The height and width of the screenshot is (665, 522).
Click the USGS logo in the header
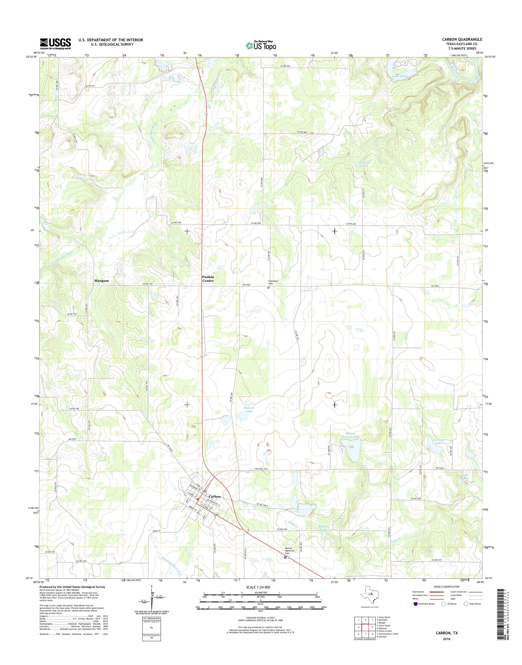(x=55, y=44)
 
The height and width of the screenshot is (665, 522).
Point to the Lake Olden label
(x=400, y=76)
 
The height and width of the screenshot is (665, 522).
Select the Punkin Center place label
(x=208, y=279)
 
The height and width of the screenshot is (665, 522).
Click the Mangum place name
(x=102, y=280)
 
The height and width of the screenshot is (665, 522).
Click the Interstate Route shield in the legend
(x=415, y=604)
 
